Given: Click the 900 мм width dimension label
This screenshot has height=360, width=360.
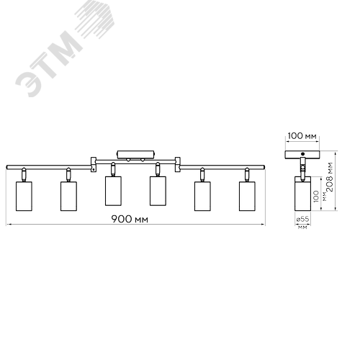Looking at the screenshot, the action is click(x=130, y=219).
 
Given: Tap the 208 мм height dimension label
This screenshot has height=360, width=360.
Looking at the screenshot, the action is click(x=330, y=176).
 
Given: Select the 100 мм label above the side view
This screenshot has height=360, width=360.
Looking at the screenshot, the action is click(x=302, y=136).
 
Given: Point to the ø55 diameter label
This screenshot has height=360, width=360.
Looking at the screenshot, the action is click(x=302, y=219).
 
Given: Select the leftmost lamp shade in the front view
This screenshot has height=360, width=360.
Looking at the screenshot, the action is click(x=24, y=197).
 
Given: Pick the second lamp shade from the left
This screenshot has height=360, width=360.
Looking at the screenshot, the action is click(x=68, y=197).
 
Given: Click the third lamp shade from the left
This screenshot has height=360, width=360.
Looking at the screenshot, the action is click(x=113, y=191).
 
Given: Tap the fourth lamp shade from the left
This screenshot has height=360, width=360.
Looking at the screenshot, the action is click(x=158, y=191).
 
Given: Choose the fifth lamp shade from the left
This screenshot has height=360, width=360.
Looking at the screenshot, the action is click(x=202, y=197).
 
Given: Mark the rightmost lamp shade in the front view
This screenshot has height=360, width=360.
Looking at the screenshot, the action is click(x=247, y=197).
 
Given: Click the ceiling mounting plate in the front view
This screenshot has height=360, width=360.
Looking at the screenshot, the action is click(x=135, y=154).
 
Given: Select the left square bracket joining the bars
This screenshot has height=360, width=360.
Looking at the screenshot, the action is click(x=94, y=165).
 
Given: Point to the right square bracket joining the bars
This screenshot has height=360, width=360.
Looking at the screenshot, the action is click(x=178, y=165).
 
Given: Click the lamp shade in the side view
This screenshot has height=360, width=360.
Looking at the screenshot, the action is click(x=302, y=194).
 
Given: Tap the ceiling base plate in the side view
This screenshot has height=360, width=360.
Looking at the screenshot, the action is click(x=302, y=155).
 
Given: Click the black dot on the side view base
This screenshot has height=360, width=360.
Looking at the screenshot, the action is click(x=302, y=154).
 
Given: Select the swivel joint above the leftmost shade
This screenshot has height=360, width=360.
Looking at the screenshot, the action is click(x=24, y=174).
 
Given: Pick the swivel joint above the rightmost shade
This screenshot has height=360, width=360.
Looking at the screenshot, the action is click(x=247, y=174).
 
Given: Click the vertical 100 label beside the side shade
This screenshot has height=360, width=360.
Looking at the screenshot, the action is click(x=316, y=196).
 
